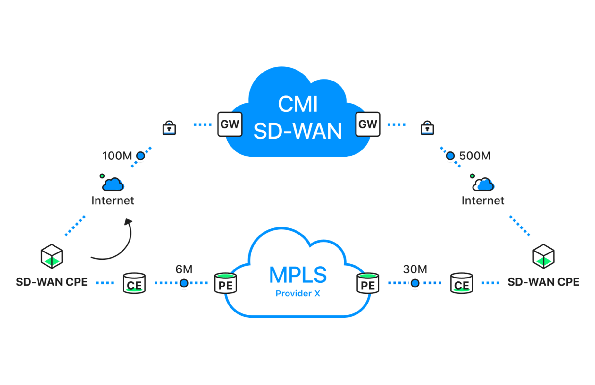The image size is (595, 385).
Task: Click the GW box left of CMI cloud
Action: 230,124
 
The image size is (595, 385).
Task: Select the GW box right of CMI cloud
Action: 367,124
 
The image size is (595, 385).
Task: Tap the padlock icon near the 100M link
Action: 169,128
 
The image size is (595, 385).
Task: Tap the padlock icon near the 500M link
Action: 427,128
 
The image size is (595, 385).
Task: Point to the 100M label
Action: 117,156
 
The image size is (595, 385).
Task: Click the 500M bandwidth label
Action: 475,156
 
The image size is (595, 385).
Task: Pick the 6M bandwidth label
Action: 184,269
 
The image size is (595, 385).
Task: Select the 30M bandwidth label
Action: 415,269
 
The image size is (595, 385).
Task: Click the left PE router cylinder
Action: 225,283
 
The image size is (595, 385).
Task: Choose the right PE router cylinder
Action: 368,283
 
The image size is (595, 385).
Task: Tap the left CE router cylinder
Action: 134,283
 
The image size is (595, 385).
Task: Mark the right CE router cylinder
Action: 461,283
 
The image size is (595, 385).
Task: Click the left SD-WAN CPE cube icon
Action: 52,256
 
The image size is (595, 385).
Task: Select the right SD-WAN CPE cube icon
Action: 543,256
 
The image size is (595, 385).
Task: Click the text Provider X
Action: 297,294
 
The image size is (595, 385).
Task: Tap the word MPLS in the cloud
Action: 297,275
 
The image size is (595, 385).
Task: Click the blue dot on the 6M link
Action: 184,283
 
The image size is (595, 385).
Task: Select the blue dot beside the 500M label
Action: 450,156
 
